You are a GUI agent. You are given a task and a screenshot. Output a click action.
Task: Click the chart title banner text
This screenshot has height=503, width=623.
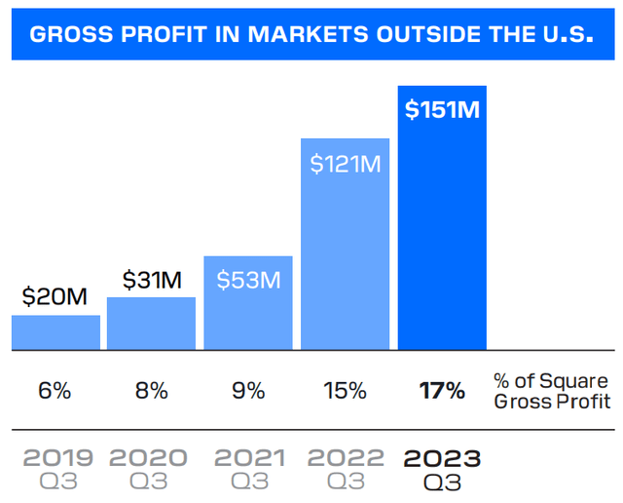point(311,35)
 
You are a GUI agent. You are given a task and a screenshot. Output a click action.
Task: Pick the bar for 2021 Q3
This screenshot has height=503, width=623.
point(247,312)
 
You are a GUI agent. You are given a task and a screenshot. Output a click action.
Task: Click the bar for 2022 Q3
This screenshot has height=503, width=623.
point(345,263)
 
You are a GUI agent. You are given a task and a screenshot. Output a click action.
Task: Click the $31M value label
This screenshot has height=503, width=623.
point(152,280)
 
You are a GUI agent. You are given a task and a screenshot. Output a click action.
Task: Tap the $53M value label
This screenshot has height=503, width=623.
point(248,281)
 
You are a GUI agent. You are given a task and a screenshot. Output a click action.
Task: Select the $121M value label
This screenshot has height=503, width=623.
point(345,164)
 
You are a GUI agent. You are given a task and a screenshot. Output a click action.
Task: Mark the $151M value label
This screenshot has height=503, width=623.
point(442,109)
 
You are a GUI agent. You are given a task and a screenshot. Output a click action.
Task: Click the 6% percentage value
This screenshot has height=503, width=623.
point(55,391)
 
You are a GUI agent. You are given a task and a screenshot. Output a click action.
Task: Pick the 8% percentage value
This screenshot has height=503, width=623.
point(151,391)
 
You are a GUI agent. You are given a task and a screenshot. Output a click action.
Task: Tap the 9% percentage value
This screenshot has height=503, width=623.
point(248,391)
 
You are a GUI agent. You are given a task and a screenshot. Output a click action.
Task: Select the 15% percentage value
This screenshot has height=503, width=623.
point(345,391)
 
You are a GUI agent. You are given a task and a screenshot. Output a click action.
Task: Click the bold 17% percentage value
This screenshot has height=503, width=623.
point(442,391)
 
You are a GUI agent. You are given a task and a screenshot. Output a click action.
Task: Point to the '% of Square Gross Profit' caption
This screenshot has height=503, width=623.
point(551,391)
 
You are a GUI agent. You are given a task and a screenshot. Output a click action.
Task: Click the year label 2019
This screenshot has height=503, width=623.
point(58,457)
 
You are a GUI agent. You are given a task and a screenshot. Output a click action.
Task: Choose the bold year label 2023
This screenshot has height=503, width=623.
point(442,457)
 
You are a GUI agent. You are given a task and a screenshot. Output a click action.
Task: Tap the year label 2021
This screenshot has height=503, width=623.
point(250,457)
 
